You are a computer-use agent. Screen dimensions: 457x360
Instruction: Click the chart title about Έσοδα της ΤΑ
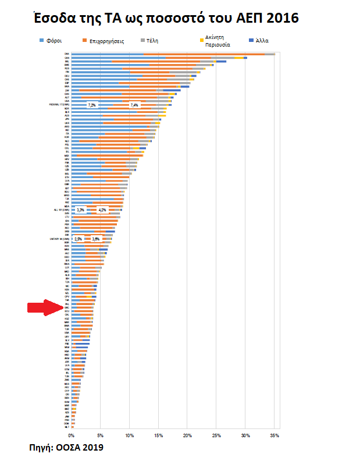point(166,18)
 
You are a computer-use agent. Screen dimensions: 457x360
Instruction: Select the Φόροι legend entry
point(50,42)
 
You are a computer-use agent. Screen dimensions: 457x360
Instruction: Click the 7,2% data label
point(92,105)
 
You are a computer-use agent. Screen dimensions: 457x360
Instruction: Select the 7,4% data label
point(135,105)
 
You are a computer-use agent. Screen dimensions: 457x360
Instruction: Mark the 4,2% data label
point(102,210)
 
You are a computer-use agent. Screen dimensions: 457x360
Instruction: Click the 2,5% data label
point(78,239)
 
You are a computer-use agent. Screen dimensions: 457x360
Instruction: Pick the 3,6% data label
point(96,239)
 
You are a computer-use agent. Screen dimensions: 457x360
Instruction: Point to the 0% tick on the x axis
point(71,435)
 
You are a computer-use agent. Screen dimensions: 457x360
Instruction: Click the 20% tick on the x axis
point(187,435)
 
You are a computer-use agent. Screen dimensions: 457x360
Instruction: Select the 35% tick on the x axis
point(275,435)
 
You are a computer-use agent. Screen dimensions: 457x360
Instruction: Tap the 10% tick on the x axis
point(129,435)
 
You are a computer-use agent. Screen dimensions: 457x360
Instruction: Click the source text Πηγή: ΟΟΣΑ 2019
point(66,447)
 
